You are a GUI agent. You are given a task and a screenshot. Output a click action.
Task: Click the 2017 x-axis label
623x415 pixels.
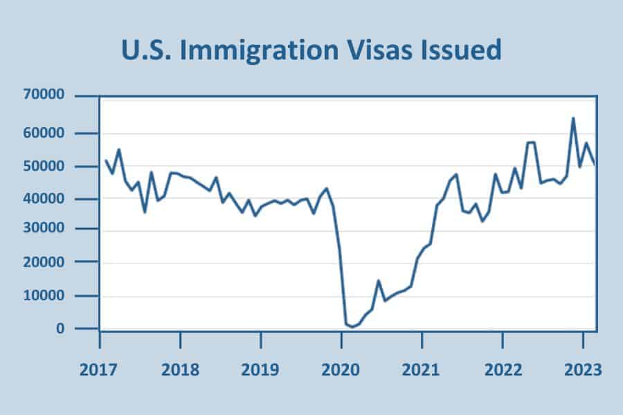(100, 369)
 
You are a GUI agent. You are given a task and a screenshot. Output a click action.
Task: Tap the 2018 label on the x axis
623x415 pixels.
(180, 369)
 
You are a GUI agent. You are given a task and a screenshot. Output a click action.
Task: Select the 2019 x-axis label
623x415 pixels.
(260, 369)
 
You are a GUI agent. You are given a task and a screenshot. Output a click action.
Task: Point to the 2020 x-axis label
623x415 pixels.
(341, 369)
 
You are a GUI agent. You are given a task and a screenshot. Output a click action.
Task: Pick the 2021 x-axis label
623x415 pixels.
(422, 369)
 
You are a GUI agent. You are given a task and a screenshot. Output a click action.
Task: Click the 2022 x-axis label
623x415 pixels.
(502, 369)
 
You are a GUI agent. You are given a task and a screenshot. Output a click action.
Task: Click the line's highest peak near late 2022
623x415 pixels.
(573, 118)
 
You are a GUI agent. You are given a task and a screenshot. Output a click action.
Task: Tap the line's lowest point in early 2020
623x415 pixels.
(352, 326)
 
